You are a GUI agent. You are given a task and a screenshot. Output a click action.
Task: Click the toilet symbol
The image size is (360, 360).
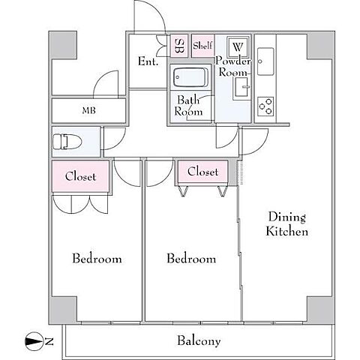67,142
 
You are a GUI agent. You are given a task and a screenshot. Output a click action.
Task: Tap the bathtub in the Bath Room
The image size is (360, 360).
190,77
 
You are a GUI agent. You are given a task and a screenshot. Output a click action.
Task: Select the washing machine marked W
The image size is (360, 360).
238,46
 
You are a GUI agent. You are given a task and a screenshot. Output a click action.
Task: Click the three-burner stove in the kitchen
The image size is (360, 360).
265,106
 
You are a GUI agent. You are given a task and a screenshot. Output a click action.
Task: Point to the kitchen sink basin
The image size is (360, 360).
265,61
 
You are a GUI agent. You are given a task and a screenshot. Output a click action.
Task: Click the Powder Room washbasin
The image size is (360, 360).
241,87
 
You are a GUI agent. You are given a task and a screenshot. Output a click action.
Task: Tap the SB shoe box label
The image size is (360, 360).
179,46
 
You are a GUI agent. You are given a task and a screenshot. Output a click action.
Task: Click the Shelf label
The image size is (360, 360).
202,46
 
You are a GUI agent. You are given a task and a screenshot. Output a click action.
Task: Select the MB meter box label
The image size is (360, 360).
89,110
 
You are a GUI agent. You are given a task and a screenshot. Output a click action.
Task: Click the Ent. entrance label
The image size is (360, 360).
148,61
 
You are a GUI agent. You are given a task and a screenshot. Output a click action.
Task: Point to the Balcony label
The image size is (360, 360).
199,341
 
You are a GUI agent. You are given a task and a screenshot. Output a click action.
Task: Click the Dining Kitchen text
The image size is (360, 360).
287,224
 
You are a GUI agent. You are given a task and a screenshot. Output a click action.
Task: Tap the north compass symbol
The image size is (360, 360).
33,341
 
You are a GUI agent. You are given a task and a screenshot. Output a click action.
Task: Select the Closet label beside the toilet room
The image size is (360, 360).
80,176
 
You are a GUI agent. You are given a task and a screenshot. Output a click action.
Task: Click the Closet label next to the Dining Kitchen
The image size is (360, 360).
202,172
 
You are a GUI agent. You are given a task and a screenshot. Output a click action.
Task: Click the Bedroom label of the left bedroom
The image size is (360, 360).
97,258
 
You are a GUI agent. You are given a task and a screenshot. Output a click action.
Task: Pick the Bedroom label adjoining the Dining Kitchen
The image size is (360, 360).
191,258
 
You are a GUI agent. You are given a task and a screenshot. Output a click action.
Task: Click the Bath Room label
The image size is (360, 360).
188,106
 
